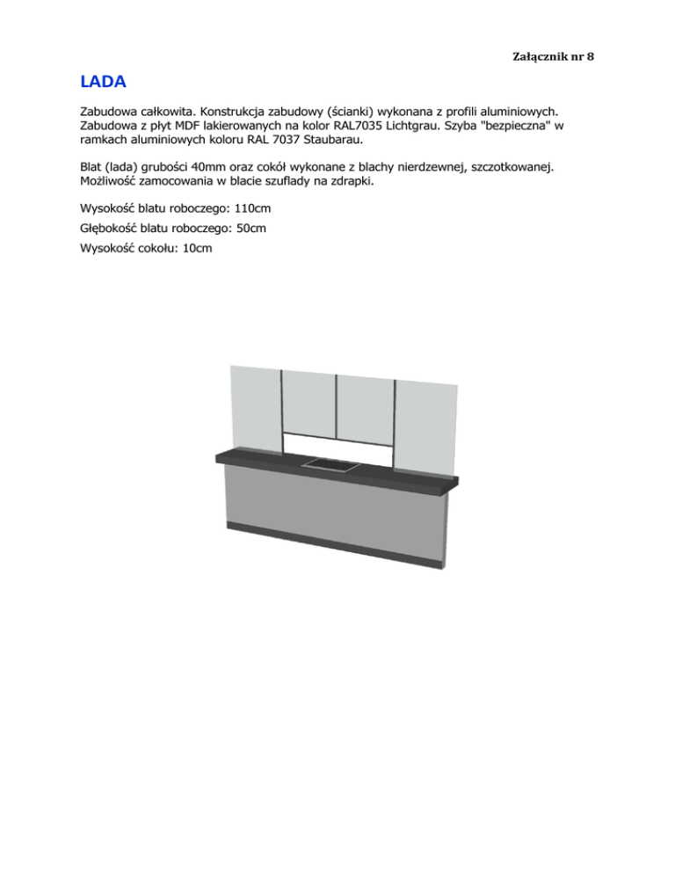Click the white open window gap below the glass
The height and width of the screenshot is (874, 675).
337,447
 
